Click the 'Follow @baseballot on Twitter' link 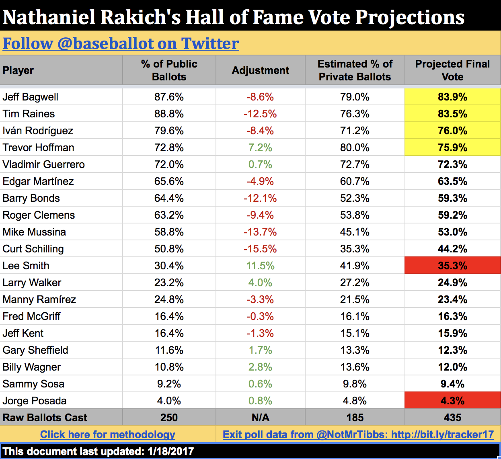pos(121,43)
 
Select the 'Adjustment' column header pos(260,70)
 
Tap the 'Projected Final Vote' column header pos(452,70)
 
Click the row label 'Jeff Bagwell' pos(31,97)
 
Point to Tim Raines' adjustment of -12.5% pos(260,114)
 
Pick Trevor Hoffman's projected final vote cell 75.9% pos(452,148)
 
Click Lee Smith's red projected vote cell pos(452,266)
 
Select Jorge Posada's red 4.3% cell pos(452,401)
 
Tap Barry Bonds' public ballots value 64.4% pos(169,198)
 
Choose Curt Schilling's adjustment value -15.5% pos(260,249)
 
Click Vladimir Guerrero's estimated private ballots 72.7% pos(355,164)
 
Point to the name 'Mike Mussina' pos(34,232)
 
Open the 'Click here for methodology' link pos(108,434)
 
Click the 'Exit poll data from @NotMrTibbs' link pos(358,434)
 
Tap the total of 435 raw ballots pos(452,418)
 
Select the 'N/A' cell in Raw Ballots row pos(260,418)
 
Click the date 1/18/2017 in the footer pos(171,451)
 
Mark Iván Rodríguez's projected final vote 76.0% pos(452,131)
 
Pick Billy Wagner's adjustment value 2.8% pos(260,367)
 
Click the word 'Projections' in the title pos(410,17)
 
